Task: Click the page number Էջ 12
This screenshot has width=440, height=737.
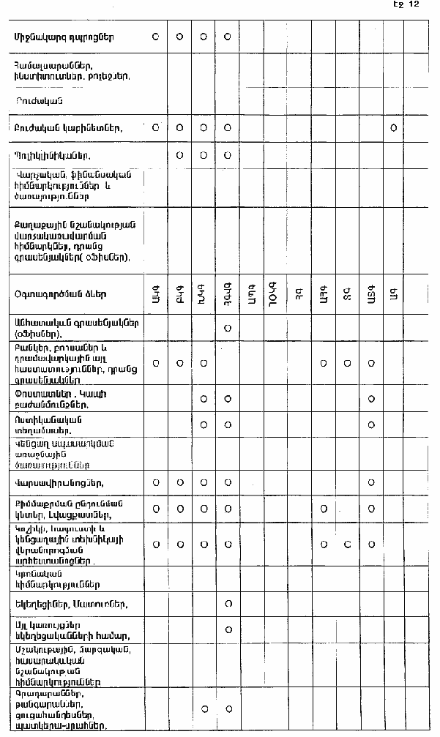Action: click(x=406, y=4)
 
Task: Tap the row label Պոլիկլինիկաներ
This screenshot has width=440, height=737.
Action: click(x=58, y=155)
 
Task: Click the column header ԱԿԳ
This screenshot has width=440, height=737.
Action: click(x=155, y=293)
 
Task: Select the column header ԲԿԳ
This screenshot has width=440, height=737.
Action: click(x=179, y=293)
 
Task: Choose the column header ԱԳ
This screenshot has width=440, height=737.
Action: click(x=394, y=293)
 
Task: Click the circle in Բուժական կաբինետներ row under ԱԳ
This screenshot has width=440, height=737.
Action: click(x=394, y=127)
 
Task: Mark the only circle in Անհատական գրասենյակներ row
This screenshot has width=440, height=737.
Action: click(x=228, y=327)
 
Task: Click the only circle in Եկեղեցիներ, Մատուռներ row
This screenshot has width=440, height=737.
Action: click(x=228, y=604)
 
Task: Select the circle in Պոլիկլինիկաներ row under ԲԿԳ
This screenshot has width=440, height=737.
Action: click(x=179, y=155)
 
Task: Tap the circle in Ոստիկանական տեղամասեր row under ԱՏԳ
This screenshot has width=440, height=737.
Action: click(x=372, y=424)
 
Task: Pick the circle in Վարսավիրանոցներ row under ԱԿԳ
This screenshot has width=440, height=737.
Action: click(x=155, y=482)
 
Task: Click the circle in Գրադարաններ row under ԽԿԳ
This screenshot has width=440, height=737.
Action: click(x=204, y=708)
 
